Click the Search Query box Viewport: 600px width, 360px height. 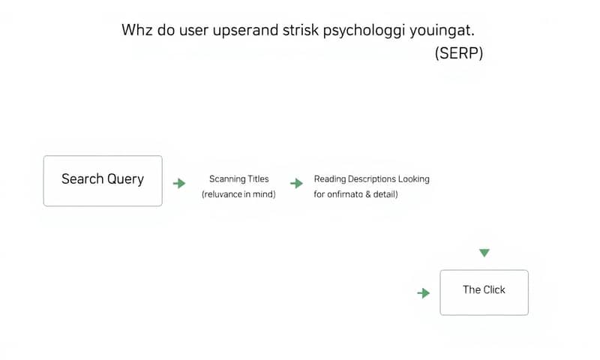[x=103, y=181]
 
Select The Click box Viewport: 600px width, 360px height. [x=484, y=292]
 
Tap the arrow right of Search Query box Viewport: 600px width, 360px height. [x=179, y=183]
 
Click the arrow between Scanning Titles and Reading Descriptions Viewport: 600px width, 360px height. [x=297, y=183]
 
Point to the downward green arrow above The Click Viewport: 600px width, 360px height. [x=484, y=253]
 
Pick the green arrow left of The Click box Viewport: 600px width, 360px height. [x=424, y=292]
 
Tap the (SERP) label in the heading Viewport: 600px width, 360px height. [x=458, y=55]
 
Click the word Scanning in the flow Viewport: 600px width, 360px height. [x=227, y=179]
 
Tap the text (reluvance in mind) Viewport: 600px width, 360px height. [x=238, y=195]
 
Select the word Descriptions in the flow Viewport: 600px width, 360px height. [x=370, y=179]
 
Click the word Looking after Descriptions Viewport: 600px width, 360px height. [x=415, y=179]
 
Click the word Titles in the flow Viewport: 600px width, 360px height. [x=258, y=179]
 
